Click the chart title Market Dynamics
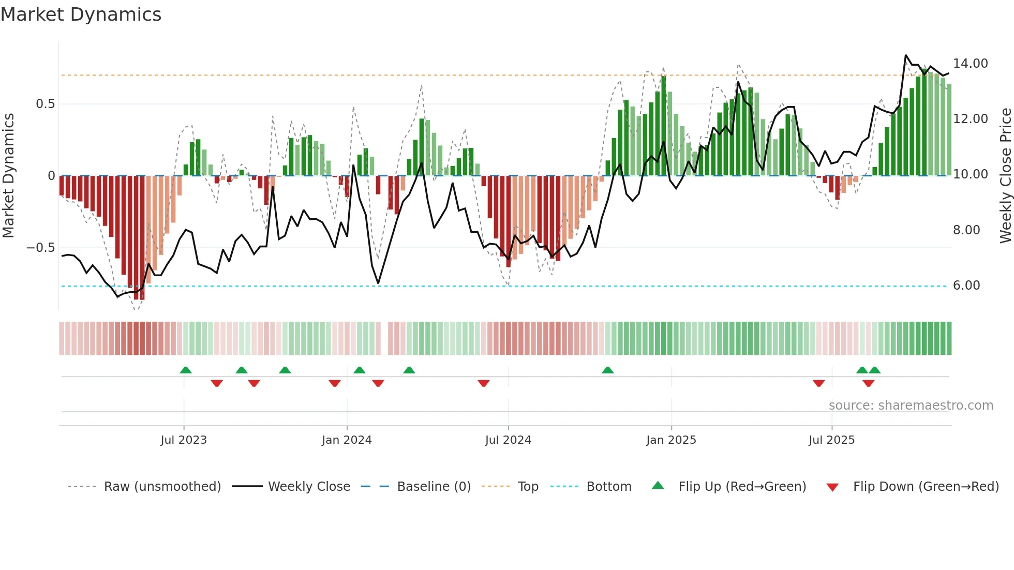(x=81, y=14)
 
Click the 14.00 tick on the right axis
(x=970, y=64)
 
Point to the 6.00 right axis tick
(x=966, y=286)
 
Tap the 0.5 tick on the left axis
(x=46, y=104)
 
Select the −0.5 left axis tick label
(x=41, y=248)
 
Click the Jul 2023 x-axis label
(x=184, y=440)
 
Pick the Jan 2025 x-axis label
(x=671, y=440)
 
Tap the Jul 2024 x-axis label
(x=508, y=440)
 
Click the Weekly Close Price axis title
(x=1005, y=176)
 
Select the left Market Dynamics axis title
(x=8, y=176)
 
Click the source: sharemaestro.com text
(x=911, y=406)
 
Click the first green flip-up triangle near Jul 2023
(x=186, y=370)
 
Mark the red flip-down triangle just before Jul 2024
(x=484, y=383)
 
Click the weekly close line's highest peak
(x=906, y=55)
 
